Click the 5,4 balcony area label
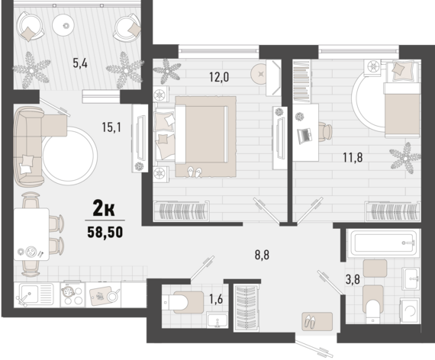pos(80,63)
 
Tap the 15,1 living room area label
pos(111,127)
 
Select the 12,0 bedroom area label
pos(219,77)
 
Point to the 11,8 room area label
pos(353,158)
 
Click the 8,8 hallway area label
pos(263,255)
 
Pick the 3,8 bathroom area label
pos(353,279)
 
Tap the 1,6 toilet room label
pos(216,299)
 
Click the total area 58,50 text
pos(105,233)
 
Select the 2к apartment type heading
pos(104,209)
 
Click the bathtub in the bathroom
pos(383,243)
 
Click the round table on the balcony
pos(63,25)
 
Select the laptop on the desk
pos(304,136)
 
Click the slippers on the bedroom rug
pos(195,172)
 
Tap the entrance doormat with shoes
pos(317,321)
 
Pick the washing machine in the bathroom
pos(410,310)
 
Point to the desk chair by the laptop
pos(324,131)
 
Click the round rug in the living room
pos(69,156)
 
